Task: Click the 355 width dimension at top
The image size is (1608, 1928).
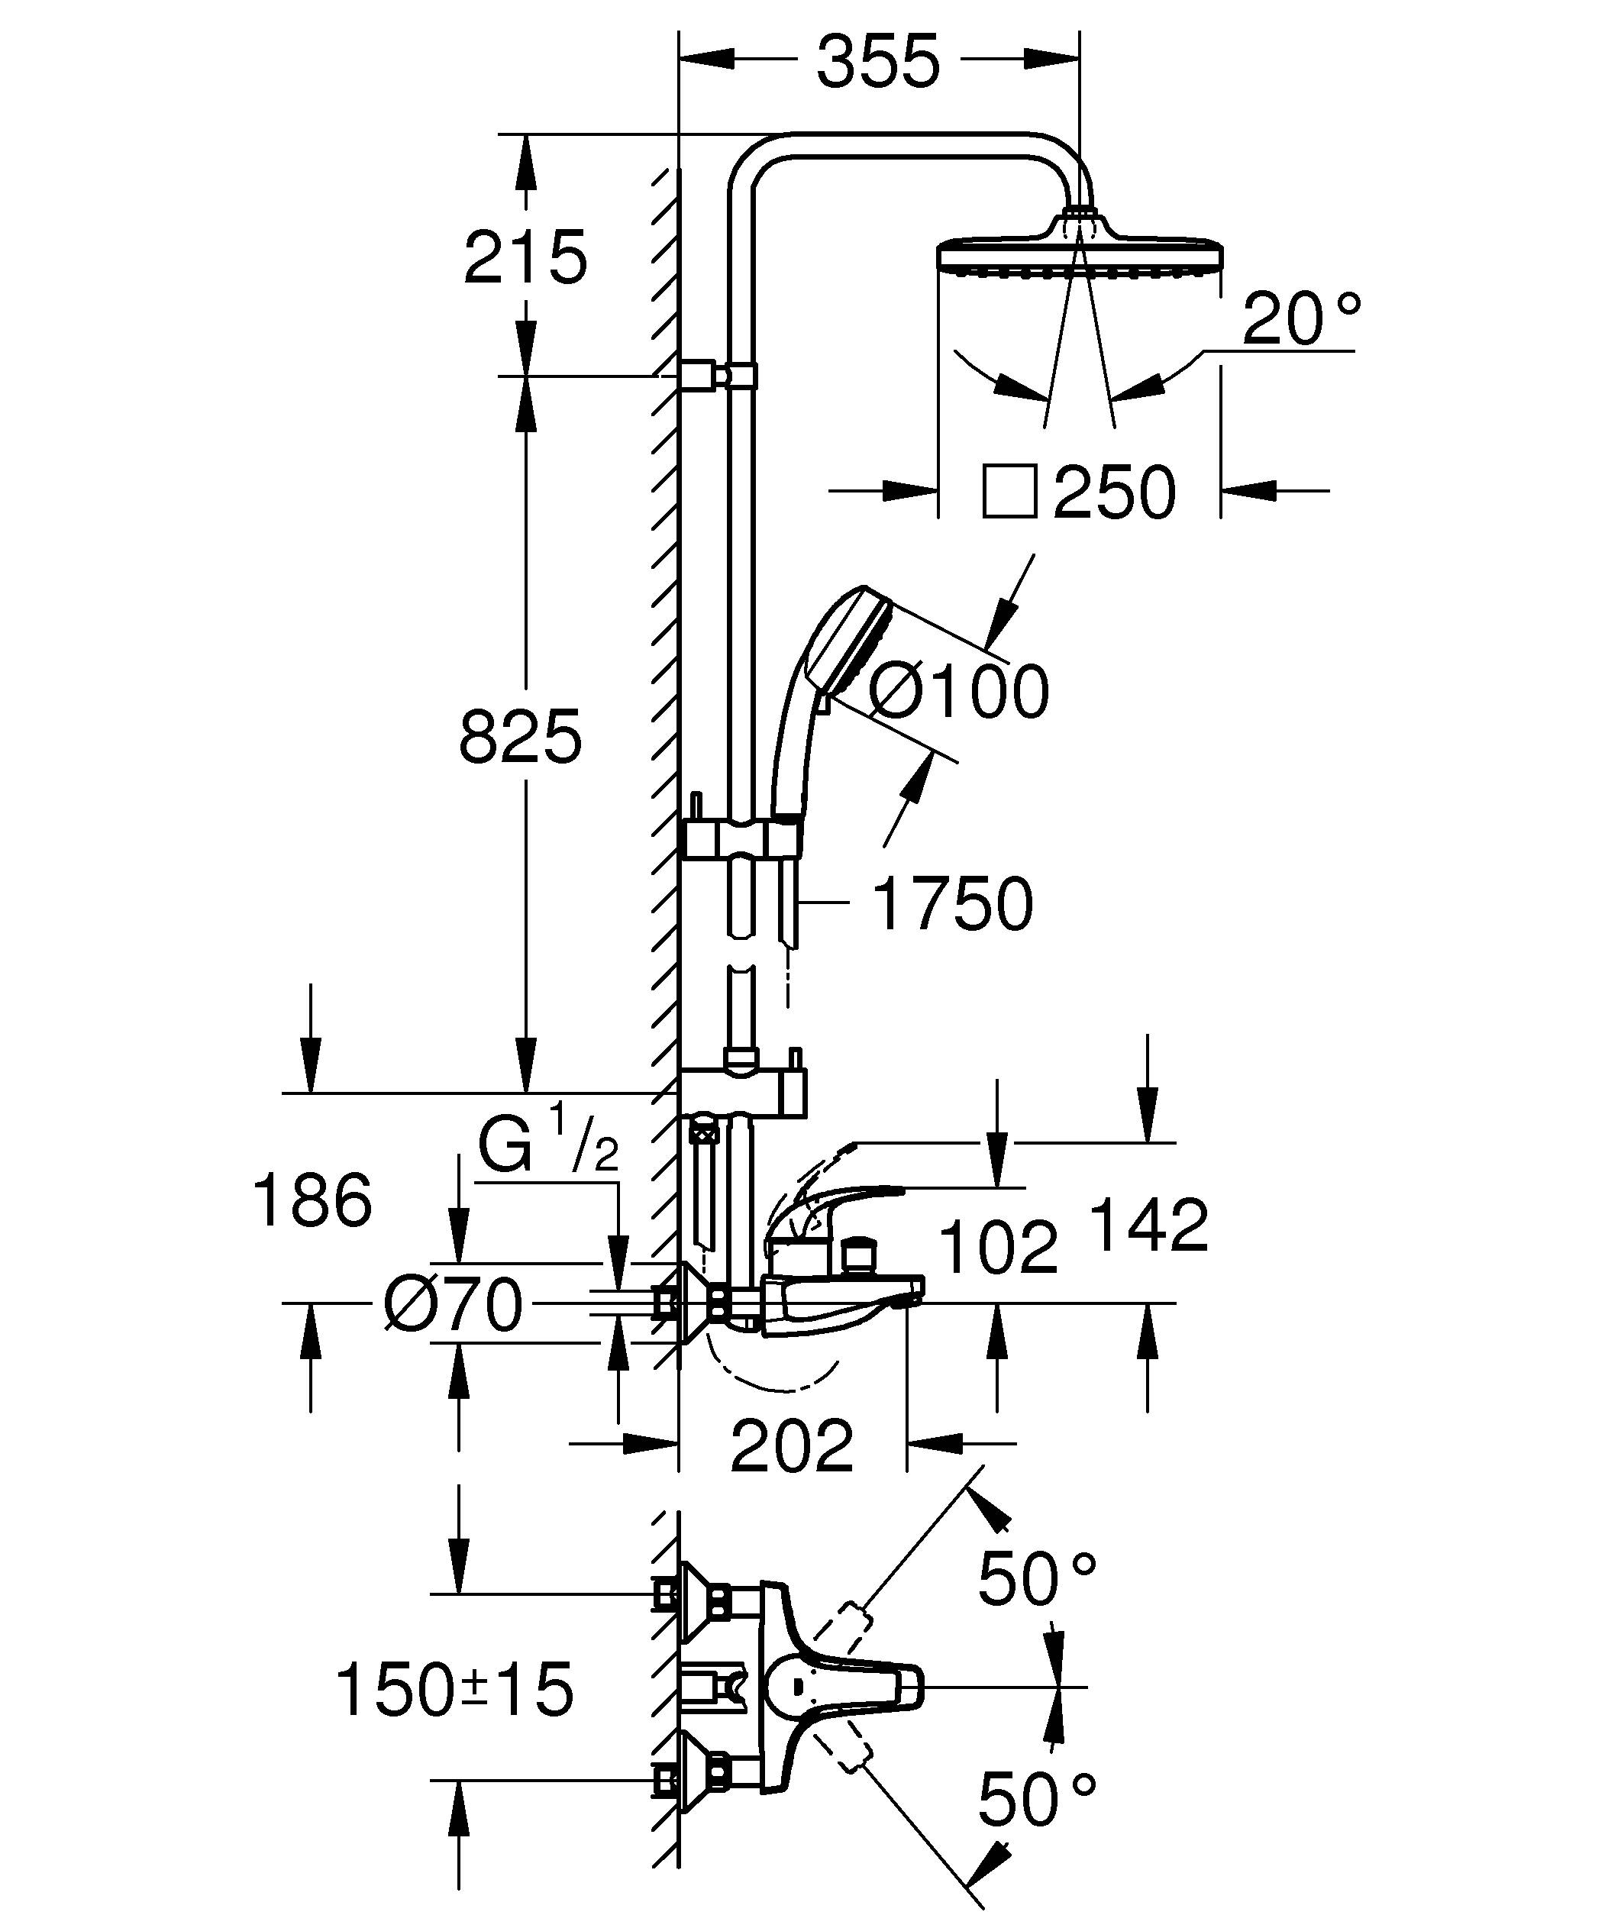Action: (878, 63)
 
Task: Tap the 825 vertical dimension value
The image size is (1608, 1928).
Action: (521, 736)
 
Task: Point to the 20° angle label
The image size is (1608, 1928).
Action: (1300, 318)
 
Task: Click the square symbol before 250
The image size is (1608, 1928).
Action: (1009, 492)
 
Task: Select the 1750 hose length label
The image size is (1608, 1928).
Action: (953, 904)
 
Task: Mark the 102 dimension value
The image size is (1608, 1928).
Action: (999, 1247)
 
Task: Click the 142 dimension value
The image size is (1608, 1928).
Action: (1148, 1225)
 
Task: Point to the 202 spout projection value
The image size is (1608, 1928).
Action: (791, 1446)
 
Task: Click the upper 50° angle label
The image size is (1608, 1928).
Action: (1036, 1579)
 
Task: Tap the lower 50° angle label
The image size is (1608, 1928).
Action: (1036, 1800)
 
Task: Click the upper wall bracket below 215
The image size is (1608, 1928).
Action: (718, 376)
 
